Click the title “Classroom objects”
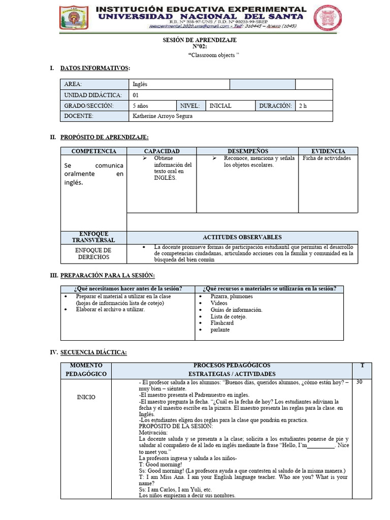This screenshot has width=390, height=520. click(x=213, y=55)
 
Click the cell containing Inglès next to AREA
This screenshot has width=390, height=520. click(x=140, y=84)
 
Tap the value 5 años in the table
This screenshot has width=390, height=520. click(x=141, y=106)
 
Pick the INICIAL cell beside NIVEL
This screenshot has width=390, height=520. click(x=220, y=106)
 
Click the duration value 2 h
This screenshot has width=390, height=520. click(x=303, y=106)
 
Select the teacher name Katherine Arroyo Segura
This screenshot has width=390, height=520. click(x=162, y=116)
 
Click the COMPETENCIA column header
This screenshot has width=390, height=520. click(x=93, y=151)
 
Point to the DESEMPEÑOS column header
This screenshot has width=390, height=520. click(x=247, y=151)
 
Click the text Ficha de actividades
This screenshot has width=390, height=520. click(x=327, y=158)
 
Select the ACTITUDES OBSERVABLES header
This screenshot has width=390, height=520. click(x=242, y=237)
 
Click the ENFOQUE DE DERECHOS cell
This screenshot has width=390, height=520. click(x=93, y=254)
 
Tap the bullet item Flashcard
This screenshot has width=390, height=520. click(x=222, y=323)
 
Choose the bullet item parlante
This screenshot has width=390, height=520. click(x=220, y=330)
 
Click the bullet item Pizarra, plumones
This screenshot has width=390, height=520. click(x=232, y=297)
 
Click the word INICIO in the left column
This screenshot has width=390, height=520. click(x=86, y=397)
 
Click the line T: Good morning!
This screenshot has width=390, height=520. click(x=160, y=464)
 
